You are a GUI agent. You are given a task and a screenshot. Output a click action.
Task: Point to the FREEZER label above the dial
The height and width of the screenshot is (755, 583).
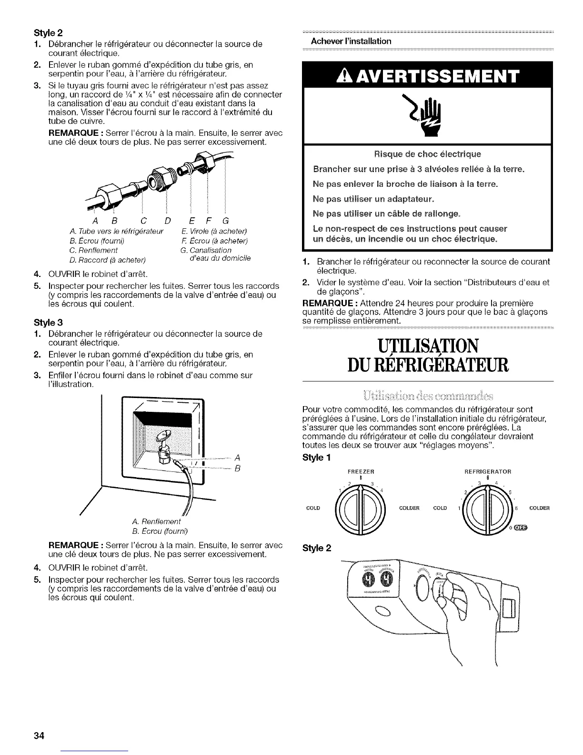tap(361, 471)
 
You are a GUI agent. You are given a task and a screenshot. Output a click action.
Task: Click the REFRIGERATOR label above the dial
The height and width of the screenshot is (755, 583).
tap(487, 471)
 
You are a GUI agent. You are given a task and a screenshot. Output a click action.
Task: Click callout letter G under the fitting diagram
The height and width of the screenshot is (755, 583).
tap(225, 221)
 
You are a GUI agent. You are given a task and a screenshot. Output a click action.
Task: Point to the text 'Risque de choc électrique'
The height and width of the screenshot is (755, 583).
tap(427, 154)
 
